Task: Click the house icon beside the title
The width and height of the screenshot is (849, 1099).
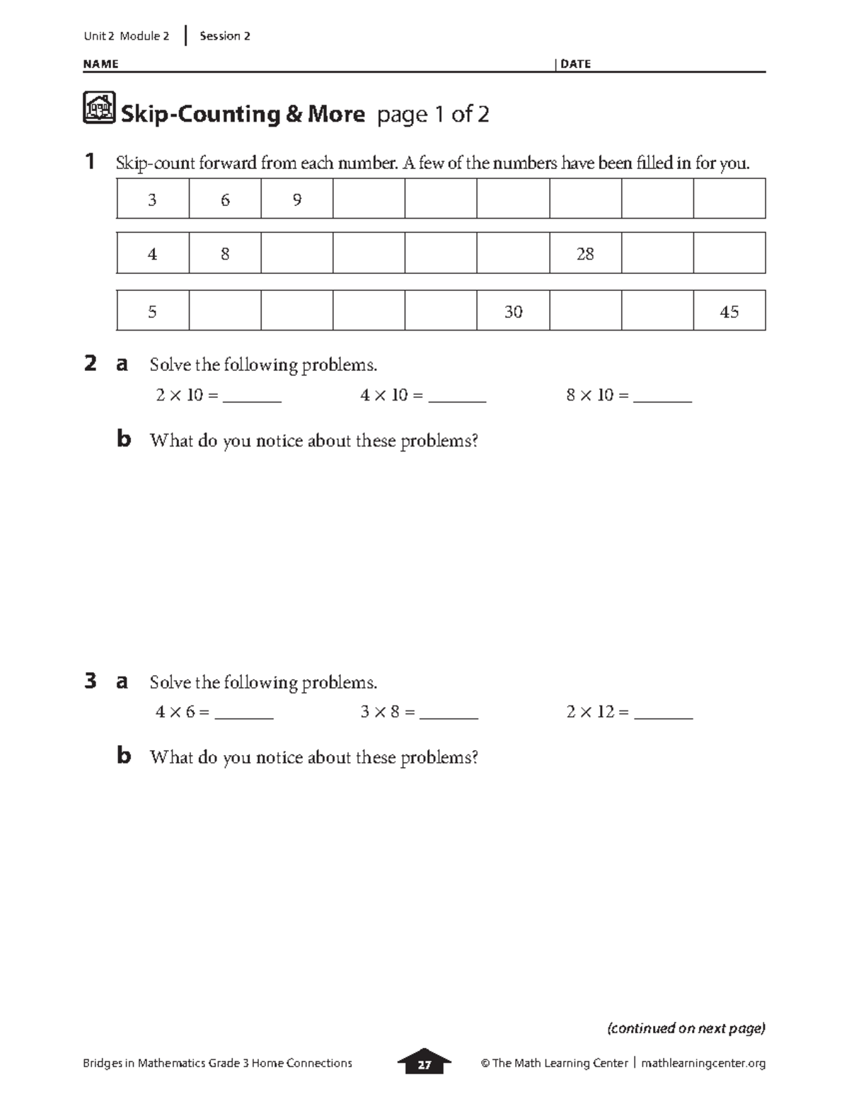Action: pos(99,108)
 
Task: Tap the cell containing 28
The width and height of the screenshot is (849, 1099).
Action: pos(585,253)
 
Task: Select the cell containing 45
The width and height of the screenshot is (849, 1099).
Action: pos(729,311)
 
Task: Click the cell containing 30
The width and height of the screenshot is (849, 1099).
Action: pos(513,311)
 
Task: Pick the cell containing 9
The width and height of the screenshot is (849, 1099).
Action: pos(297,200)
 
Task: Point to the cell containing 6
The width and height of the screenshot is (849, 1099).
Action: pos(225,200)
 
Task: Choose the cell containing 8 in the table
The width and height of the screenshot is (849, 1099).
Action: pos(225,253)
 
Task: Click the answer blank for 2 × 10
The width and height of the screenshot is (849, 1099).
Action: pos(252,398)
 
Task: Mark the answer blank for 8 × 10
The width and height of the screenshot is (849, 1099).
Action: pos(662,398)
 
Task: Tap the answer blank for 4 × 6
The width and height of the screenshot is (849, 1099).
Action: pos(244,715)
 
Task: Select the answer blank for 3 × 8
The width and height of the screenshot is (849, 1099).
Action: pos(449,715)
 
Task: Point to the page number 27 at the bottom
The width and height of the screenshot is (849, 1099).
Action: pos(424,1064)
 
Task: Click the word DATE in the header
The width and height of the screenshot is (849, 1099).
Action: pos(575,64)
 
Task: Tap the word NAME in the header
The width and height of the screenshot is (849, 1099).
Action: pos(100,64)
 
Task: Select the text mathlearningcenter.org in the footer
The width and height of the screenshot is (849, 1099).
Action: pos(703,1063)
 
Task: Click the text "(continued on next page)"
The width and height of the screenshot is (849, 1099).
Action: pos(686,1028)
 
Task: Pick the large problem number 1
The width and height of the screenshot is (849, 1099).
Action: pos(90,162)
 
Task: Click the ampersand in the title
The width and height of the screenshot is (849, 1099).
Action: pos(293,114)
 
